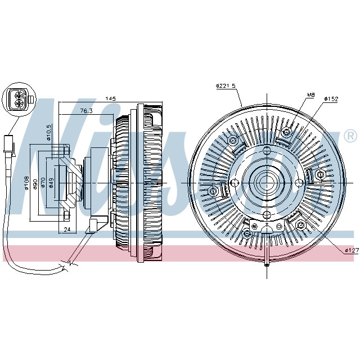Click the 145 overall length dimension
(111, 99)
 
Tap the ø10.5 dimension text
(49, 133)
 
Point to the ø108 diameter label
(27, 183)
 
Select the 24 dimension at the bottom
(67, 229)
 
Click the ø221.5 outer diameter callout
(225, 86)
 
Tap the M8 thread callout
(310, 94)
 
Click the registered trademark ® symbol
(349, 136)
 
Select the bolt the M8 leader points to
(287, 132)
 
